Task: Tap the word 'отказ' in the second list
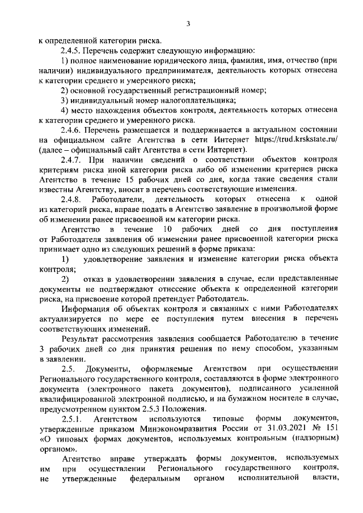(94, 279)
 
